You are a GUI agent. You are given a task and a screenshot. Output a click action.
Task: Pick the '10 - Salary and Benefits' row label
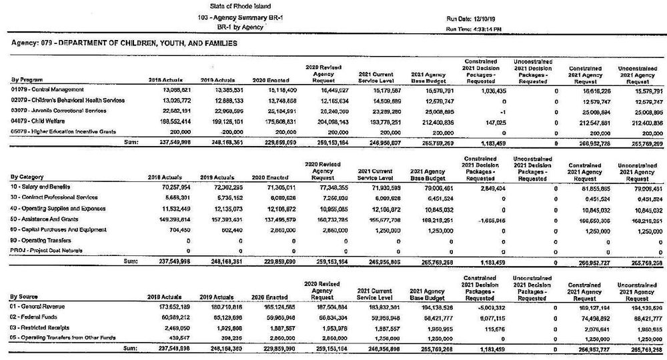(x=41, y=187)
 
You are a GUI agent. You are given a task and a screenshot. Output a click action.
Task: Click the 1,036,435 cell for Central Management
(x=480, y=89)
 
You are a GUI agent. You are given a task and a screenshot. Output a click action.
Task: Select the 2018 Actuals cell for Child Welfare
(x=169, y=121)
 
